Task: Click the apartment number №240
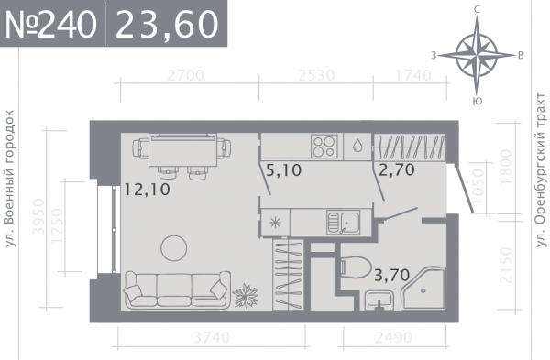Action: click(50, 25)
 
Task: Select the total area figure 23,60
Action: click(167, 25)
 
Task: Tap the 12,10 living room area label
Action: click(148, 190)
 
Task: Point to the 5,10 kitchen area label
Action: click(284, 170)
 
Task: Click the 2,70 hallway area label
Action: click(397, 169)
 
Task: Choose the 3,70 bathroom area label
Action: click(392, 275)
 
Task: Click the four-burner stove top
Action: click(324, 147)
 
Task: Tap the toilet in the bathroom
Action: click(356, 267)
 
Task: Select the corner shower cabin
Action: click(423, 289)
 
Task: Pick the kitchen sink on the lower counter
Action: click(344, 223)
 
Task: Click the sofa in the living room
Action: click(178, 290)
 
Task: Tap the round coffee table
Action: click(173, 248)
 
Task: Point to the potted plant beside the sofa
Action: click(246, 296)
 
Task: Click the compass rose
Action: click(477, 55)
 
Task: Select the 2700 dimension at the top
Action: click(186, 76)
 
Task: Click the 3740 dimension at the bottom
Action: click(213, 338)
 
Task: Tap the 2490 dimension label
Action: click(394, 338)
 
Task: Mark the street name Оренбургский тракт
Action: click(542, 170)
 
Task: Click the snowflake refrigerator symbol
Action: click(275, 223)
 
